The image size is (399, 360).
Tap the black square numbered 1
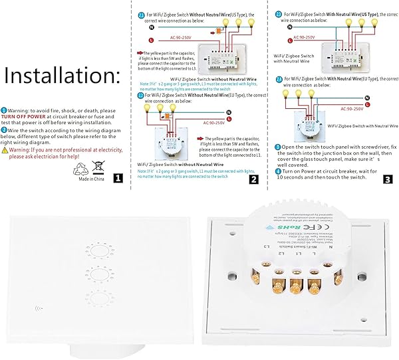tap(118, 178)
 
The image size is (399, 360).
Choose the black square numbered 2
tap(253, 178)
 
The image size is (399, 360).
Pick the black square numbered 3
tap(390, 178)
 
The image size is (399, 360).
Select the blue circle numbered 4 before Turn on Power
tap(278, 171)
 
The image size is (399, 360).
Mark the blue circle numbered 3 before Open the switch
tap(278, 145)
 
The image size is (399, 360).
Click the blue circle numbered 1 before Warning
tap(4, 110)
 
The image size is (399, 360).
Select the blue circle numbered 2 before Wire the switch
tap(4, 130)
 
